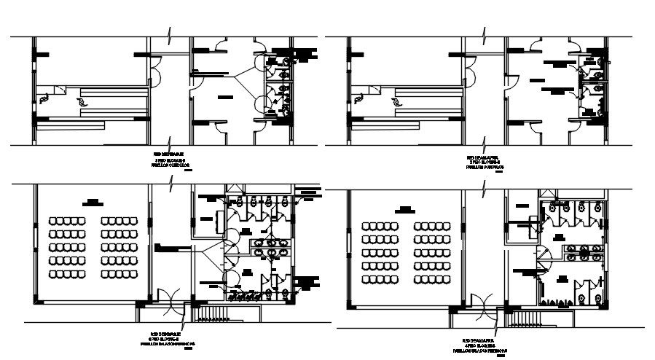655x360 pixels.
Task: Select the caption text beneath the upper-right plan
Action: pyautogui.click(x=485, y=162)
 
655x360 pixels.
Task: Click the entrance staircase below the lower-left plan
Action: pyautogui.click(x=213, y=313)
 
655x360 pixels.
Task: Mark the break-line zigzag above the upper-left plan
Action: pyautogui.click(x=170, y=34)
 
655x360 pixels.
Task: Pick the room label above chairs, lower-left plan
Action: pyautogui.click(x=93, y=202)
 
